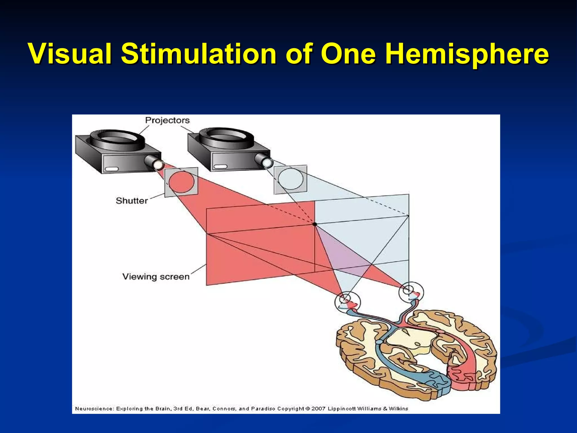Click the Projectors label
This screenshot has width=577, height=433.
click(x=167, y=120)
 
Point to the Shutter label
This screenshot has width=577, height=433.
click(x=132, y=201)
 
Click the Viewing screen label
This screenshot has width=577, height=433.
click(x=156, y=277)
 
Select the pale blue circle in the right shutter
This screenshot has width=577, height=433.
click(x=291, y=179)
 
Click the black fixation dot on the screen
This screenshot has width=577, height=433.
click(x=315, y=224)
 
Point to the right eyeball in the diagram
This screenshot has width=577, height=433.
click(x=411, y=292)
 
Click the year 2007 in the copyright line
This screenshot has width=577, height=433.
click(x=318, y=408)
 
